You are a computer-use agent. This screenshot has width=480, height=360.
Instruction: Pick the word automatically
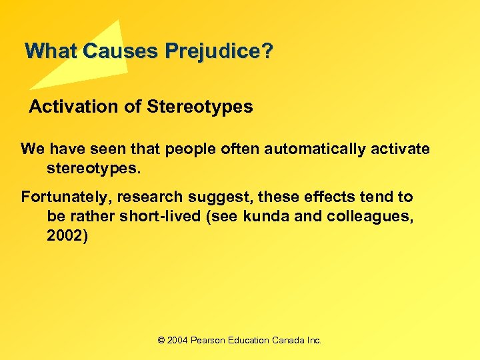[314, 149]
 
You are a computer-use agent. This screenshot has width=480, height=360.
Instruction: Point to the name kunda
[267, 217]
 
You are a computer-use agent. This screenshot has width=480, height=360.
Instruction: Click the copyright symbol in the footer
[161, 340]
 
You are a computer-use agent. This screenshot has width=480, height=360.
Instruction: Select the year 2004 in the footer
[177, 340]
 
